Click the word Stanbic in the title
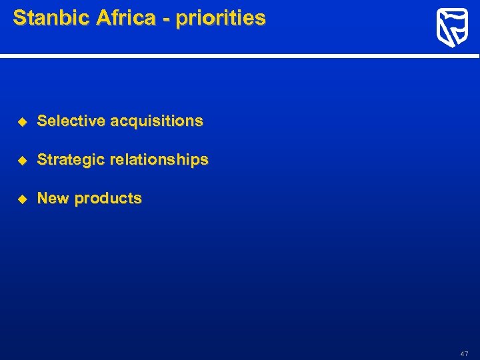(x=51, y=18)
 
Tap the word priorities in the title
(x=221, y=19)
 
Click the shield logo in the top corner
(x=451, y=29)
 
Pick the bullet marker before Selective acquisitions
(x=21, y=121)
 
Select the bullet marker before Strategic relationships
(x=21, y=160)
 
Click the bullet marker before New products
(x=21, y=199)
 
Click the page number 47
(x=464, y=353)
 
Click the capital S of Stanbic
(x=19, y=18)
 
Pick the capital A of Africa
(x=102, y=18)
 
